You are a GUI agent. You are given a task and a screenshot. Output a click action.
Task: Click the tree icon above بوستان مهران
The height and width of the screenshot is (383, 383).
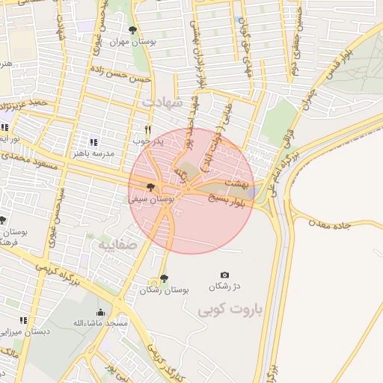pos(132,31)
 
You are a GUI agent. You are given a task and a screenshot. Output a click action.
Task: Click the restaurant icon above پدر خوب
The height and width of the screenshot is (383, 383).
pos(148,129)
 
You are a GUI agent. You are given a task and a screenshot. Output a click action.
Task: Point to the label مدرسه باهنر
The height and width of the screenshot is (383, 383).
pos(92,153)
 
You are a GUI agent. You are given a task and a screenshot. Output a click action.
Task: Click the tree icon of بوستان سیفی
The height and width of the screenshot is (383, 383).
pos(151,188)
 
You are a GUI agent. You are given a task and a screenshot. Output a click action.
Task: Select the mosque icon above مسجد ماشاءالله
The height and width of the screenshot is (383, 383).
pos(100,312)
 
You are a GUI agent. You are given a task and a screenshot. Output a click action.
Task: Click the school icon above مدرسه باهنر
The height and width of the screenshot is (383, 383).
pos(93,142)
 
